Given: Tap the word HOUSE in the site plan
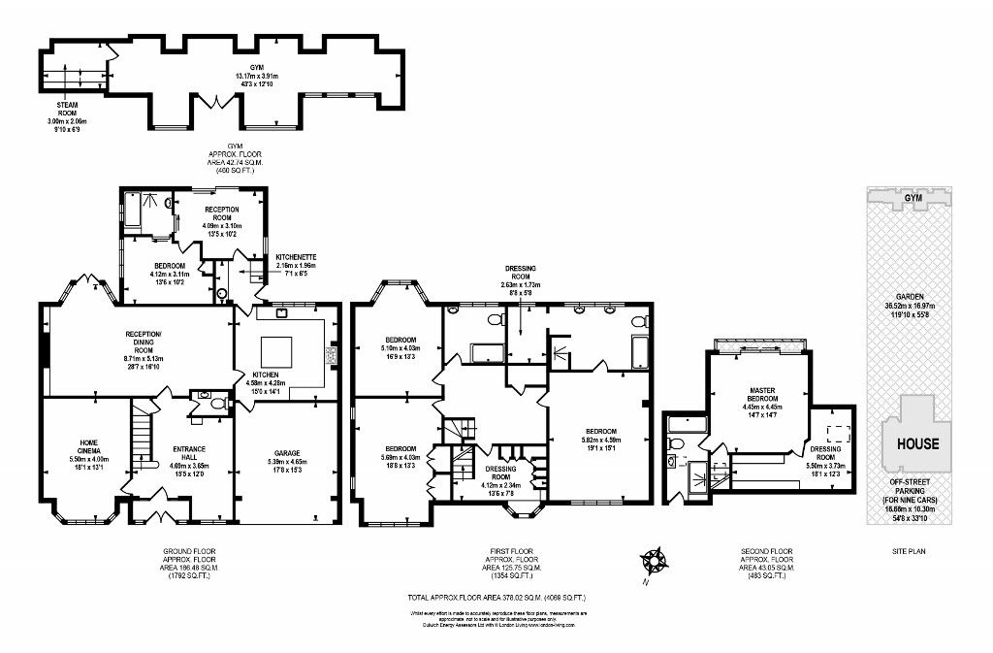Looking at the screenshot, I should coord(916,444).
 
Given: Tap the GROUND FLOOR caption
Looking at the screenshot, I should coord(190,551).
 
